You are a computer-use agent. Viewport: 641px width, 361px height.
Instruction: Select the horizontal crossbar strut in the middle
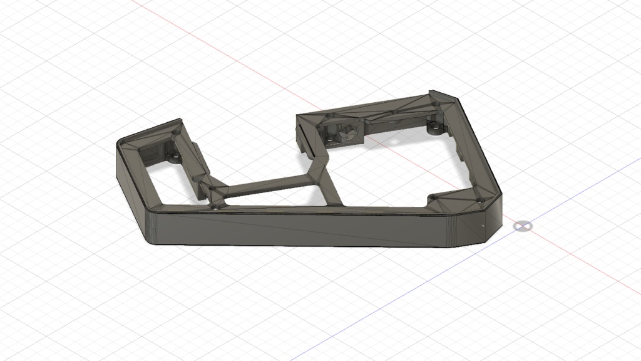click(x=266, y=186)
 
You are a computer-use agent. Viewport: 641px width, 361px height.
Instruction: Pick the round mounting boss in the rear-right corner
click(x=433, y=130)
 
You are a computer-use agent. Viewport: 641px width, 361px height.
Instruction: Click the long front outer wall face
click(x=300, y=229)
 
